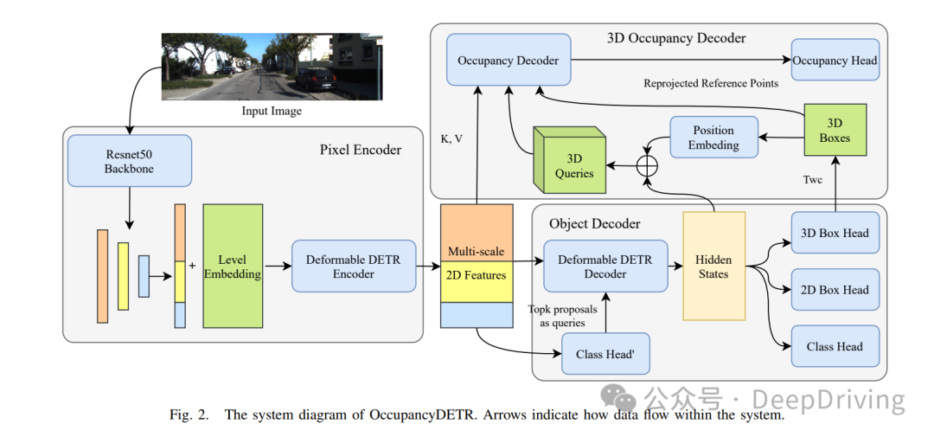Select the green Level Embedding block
[233, 267]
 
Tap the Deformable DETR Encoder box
[354, 267]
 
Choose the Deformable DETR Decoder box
[605, 267]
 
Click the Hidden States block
[713, 267]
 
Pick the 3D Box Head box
[835, 233]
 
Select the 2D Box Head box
[835, 290]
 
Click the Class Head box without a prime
[835, 346]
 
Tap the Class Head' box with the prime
[605, 354]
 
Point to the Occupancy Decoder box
[509, 61]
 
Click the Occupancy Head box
[835, 61]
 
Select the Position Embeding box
[713, 138]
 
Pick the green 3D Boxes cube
[834, 131]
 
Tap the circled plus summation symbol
[647, 165]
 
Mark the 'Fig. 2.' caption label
[189, 415]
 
